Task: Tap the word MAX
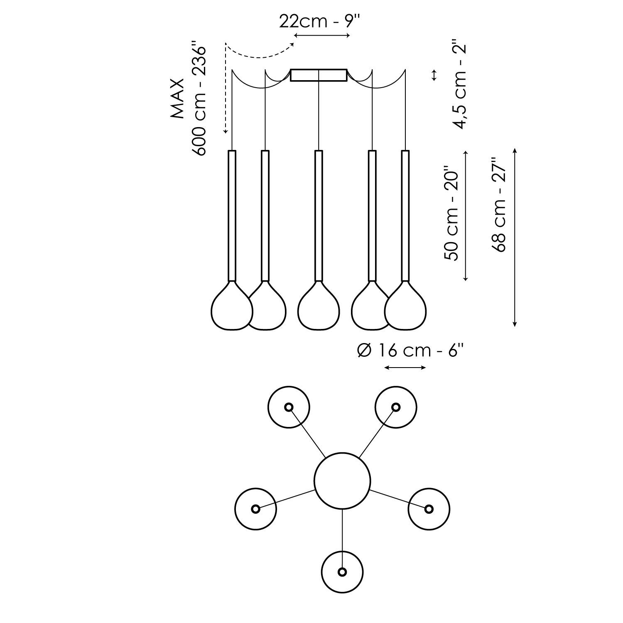178,99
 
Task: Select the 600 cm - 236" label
200,101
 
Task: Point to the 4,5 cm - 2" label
460,85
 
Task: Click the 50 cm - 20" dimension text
451,213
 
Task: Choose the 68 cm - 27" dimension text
499,204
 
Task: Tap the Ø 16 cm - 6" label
410,351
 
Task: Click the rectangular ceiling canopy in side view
319,75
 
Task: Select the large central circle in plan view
342,481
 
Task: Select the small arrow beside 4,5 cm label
434,75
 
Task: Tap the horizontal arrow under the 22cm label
322,35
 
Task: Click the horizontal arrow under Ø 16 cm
405,367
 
